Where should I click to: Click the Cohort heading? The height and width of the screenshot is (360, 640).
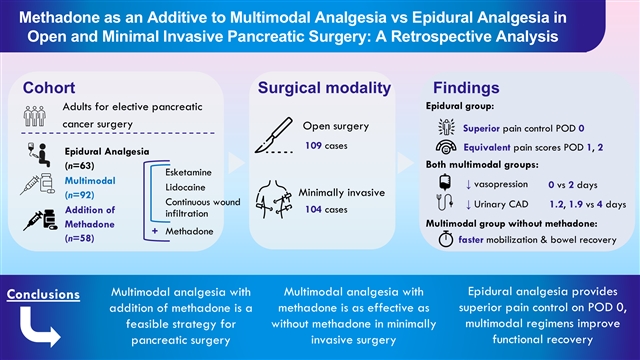(49, 88)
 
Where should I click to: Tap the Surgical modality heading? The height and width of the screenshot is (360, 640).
(324, 88)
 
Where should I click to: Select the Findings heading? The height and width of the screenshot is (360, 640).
(466, 88)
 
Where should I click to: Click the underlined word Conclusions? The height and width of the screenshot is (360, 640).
(43, 294)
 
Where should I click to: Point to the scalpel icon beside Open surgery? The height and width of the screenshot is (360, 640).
(274, 135)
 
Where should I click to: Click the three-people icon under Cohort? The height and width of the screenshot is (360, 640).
(35, 116)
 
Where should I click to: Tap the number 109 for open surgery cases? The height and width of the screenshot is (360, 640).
(313, 145)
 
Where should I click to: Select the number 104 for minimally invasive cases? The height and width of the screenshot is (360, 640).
(313, 209)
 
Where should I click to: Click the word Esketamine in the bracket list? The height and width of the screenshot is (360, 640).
(189, 172)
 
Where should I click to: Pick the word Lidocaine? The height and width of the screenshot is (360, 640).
(185, 187)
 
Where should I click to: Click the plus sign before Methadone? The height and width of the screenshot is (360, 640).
(155, 231)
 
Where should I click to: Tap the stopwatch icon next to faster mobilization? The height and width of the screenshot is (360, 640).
(446, 239)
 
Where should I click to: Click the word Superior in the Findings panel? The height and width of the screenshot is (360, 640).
(481, 128)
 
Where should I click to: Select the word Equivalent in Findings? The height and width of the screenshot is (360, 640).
(487, 147)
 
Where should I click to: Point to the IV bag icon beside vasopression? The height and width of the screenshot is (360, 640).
(445, 182)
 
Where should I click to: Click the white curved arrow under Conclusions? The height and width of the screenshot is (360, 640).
(39, 328)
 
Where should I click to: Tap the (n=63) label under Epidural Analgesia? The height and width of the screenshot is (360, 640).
(80, 166)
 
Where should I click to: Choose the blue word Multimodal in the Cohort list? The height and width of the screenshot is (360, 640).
(90, 181)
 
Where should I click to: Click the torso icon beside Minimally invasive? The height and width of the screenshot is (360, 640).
(274, 200)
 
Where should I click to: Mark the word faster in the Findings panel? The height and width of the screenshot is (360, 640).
(471, 240)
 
